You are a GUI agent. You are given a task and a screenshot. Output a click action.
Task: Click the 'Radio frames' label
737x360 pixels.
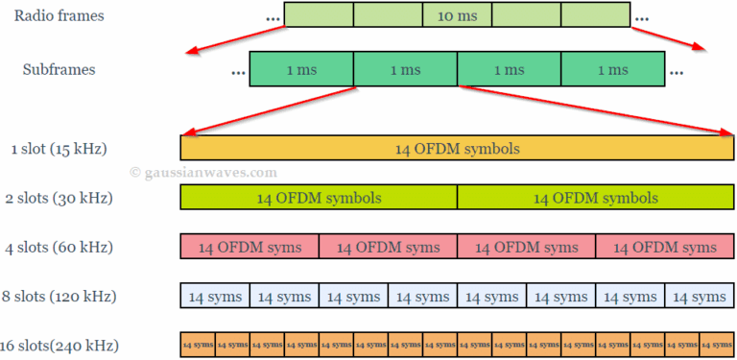(x=59, y=15)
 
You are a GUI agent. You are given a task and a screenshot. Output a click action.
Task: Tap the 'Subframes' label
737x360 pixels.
(x=59, y=70)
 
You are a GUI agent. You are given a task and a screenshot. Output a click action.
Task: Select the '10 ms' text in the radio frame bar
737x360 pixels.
(x=457, y=16)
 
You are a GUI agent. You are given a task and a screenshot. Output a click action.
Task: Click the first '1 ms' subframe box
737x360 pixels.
(x=301, y=70)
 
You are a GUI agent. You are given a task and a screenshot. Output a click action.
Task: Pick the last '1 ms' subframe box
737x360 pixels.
(x=612, y=70)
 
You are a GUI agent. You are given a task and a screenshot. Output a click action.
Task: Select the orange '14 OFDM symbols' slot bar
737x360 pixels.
(x=457, y=148)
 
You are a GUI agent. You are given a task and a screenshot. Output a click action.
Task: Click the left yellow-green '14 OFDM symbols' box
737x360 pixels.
(x=319, y=198)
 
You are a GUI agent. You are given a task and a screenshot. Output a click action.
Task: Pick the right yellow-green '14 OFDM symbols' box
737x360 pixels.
(x=595, y=198)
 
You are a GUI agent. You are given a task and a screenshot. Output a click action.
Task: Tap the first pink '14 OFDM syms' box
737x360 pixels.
(x=250, y=247)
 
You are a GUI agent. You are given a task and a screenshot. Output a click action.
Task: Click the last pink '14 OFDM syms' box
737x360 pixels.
(x=664, y=247)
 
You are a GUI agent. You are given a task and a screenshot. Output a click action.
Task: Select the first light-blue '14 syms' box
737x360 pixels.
(x=215, y=296)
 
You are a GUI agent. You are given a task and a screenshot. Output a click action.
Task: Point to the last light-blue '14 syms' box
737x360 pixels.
(x=699, y=296)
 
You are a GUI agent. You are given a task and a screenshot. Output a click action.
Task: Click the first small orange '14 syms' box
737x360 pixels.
(x=198, y=344)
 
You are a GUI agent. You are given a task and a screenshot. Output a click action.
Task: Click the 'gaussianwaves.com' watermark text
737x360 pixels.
(x=203, y=173)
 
